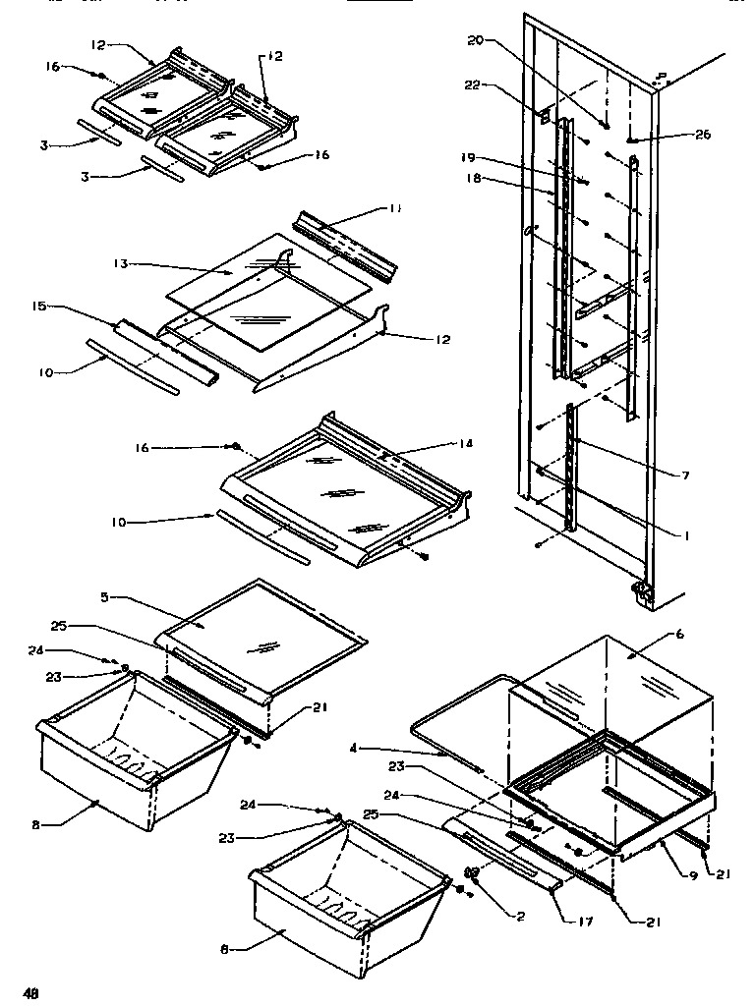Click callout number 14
[465, 444]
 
